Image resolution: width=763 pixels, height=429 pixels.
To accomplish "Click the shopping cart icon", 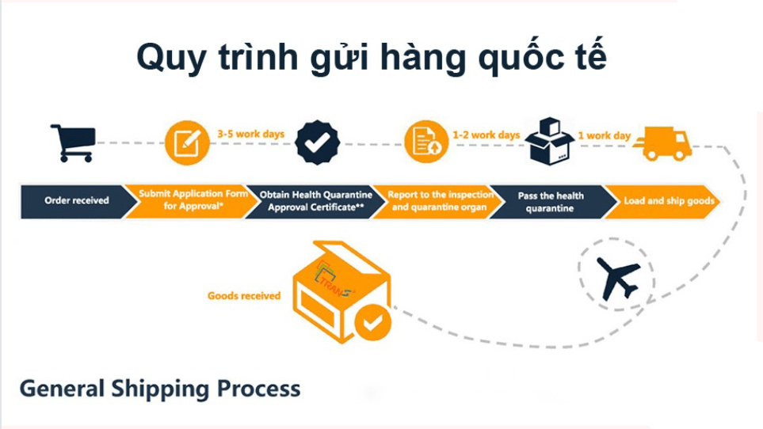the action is point(73,142).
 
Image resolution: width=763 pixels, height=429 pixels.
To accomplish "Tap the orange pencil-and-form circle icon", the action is point(187,142).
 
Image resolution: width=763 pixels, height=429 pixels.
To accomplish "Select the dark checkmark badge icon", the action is point(317,142).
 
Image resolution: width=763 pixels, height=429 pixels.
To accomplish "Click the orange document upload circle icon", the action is point(425,142).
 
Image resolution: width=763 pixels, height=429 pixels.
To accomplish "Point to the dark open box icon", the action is point(550,141).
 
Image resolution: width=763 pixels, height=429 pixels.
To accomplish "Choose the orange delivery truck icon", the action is point(662,143).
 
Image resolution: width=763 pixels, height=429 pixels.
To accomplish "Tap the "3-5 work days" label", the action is point(250,134).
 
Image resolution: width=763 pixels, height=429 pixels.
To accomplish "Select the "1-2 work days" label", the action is point(486,135).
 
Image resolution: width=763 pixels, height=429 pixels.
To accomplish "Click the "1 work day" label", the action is point(605,135).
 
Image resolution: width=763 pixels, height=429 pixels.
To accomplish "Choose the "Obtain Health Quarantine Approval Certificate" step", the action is point(315,201).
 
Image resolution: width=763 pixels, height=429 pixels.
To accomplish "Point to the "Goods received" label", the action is point(244,295).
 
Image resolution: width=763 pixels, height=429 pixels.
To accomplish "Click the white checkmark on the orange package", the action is point(373,322).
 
